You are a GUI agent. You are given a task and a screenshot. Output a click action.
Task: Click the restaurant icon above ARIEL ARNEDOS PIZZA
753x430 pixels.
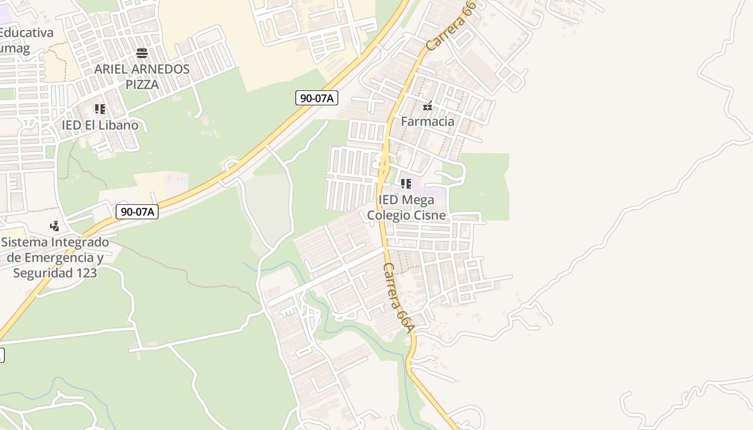[x=142, y=53]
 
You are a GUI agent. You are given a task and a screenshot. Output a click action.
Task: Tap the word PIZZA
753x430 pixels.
[x=143, y=84]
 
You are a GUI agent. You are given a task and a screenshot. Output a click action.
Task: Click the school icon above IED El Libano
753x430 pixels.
[x=100, y=109]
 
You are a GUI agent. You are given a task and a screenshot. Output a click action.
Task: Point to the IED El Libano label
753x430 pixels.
[x=100, y=125]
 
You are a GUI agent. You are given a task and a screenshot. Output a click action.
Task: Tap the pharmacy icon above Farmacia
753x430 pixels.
[x=428, y=106]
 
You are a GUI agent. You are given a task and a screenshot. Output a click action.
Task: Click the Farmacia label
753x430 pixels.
[x=428, y=121]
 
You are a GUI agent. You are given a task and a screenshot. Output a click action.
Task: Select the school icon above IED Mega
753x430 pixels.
[x=406, y=184]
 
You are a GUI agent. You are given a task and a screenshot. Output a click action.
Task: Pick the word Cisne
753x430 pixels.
[x=428, y=216]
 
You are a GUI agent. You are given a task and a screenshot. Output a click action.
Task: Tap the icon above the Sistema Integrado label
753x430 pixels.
[x=54, y=226]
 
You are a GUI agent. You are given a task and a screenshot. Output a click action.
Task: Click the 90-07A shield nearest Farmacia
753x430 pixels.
[x=317, y=98]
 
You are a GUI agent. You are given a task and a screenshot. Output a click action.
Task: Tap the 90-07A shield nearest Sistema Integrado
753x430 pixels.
[x=137, y=212]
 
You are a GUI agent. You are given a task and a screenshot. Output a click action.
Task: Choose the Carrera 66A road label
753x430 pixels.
[x=400, y=297]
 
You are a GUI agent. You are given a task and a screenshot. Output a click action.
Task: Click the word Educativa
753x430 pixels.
[x=27, y=33]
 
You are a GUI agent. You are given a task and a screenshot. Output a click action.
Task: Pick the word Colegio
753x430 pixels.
[x=387, y=216]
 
